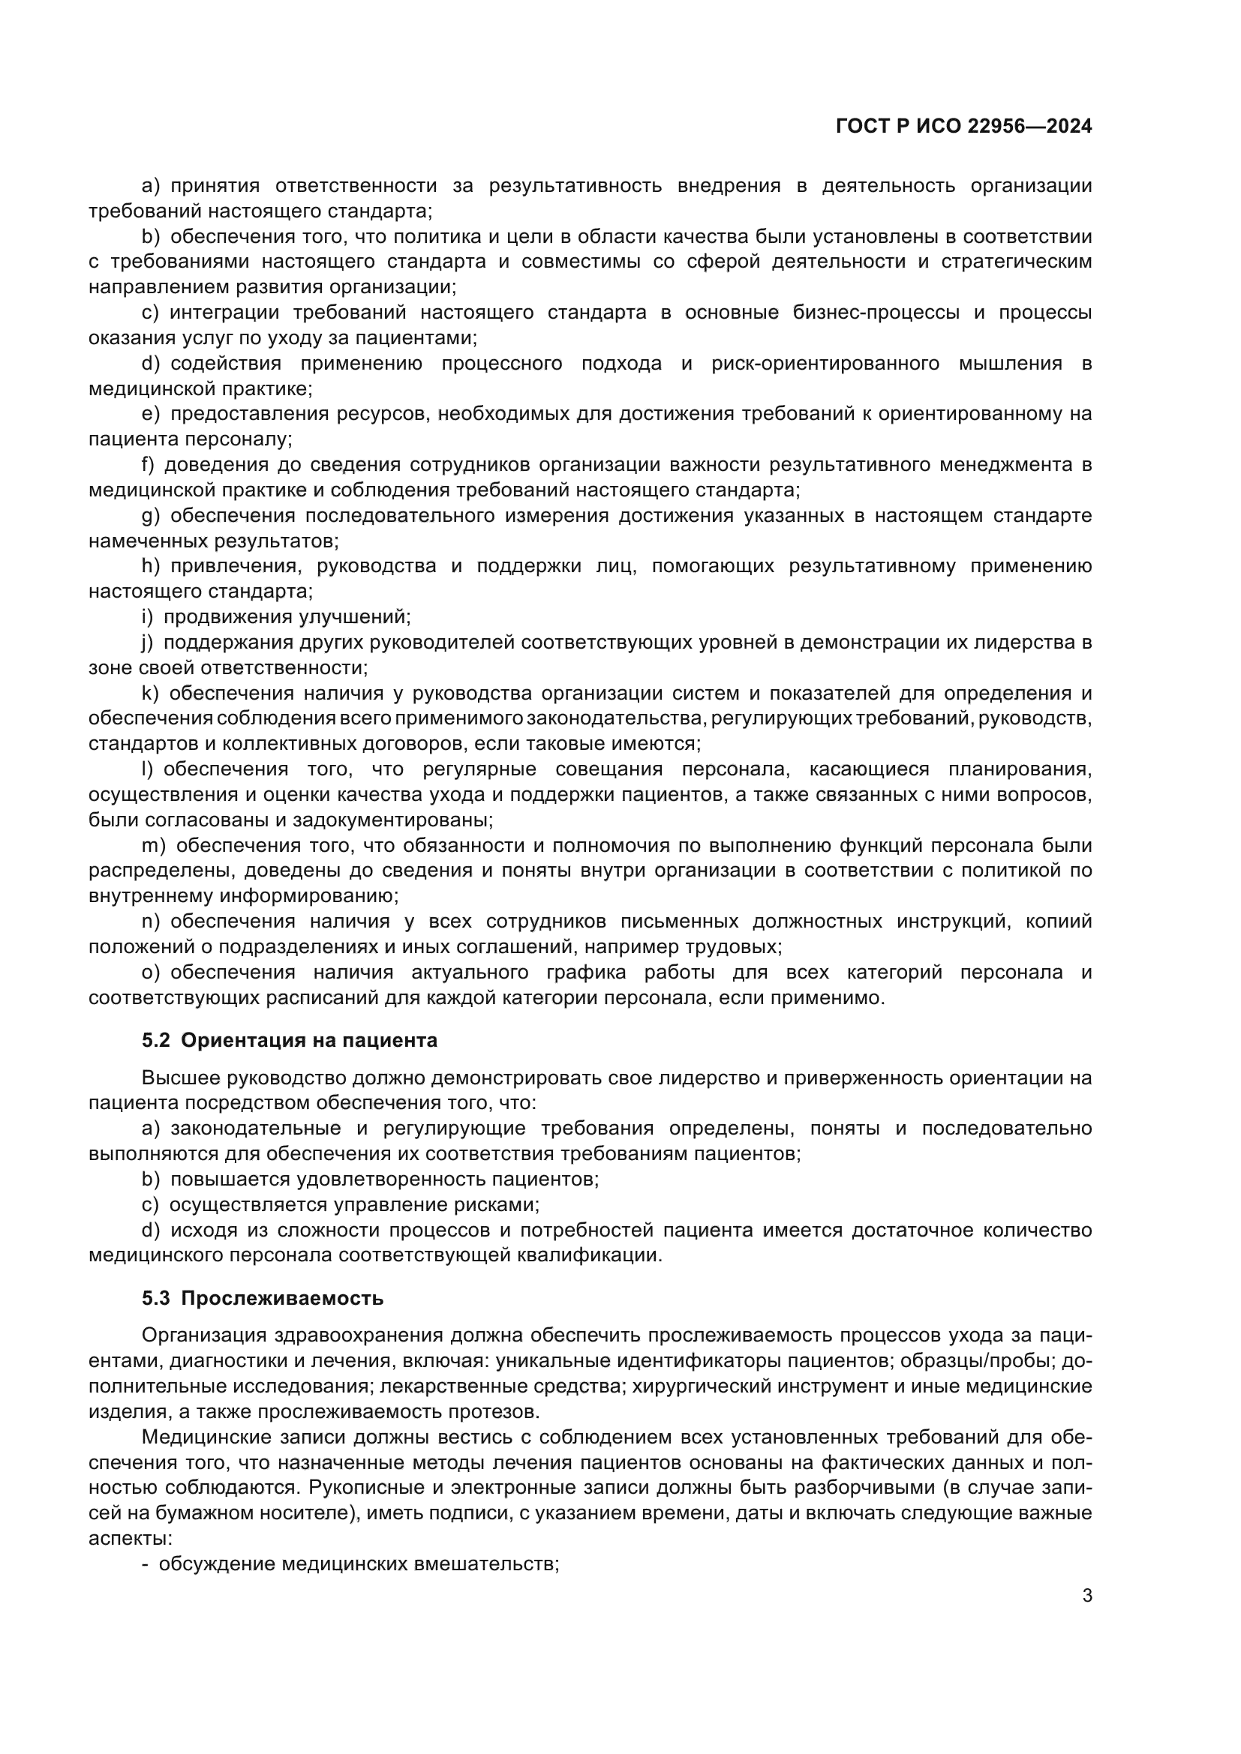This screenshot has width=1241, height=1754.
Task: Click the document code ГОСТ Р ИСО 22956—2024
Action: pos(963,127)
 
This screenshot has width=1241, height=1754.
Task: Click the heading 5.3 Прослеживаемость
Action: pos(263,1298)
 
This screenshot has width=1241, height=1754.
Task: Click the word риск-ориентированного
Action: pos(825,363)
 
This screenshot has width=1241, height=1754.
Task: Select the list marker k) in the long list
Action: pos(149,693)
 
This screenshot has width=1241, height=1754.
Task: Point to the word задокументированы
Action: pos(392,820)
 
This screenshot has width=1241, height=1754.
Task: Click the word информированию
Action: pos(308,895)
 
